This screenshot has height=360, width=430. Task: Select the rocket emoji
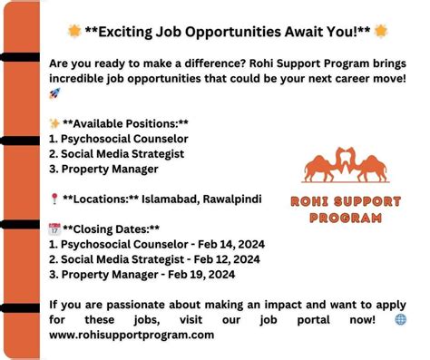tap(55, 94)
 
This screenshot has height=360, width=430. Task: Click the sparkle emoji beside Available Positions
tap(55, 122)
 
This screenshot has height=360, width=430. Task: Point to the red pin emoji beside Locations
tap(55, 198)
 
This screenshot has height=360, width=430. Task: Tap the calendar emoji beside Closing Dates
tap(55, 229)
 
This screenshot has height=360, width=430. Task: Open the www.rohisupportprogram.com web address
tap(132, 335)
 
